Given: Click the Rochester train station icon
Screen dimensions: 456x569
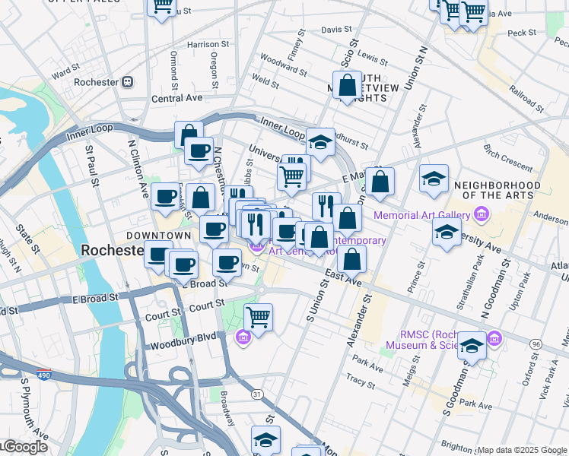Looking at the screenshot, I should point(128,82).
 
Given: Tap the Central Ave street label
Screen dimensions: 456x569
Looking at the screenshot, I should point(176,98).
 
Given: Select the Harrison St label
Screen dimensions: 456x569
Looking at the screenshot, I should point(202,45).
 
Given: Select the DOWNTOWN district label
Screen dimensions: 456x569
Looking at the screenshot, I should point(158,236).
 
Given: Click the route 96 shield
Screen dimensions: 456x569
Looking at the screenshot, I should point(536,344).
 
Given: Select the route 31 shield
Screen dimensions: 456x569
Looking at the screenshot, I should point(258,394).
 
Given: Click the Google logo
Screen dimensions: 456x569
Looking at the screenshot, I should point(24,447).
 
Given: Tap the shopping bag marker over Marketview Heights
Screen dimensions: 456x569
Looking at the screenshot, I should point(347,86).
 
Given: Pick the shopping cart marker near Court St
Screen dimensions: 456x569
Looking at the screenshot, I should point(258,317).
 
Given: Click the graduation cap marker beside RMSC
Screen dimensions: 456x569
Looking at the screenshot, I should point(472,347).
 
